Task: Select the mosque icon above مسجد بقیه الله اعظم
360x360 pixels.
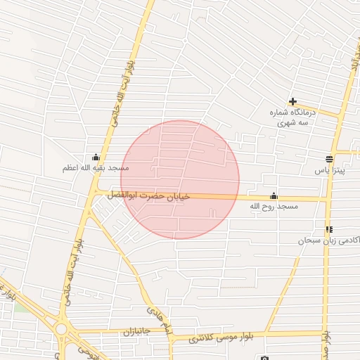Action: (x=96, y=157)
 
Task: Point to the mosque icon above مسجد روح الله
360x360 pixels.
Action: (x=274, y=196)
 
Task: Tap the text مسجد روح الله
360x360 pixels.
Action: (x=274, y=207)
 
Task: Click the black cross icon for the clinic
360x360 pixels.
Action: (x=292, y=101)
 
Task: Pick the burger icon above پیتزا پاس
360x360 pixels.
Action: (x=329, y=158)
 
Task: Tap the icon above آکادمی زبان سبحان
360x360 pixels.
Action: (x=329, y=229)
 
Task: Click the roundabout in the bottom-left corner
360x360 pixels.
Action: (x=62, y=328)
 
